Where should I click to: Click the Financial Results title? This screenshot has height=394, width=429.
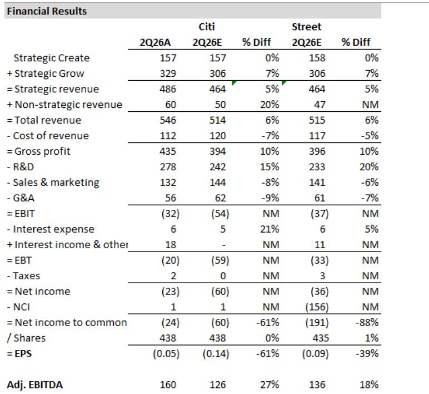[x=47, y=11]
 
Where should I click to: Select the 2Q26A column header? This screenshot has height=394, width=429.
[x=155, y=42]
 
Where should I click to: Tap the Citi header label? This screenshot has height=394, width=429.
[x=207, y=27]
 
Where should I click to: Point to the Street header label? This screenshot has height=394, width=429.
[x=306, y=27]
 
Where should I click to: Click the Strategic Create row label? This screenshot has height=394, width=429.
[x=52, y=58]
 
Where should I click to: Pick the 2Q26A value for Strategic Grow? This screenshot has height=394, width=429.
[x=168, y=73]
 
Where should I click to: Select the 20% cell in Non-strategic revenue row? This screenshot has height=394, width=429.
[x=270, y=105]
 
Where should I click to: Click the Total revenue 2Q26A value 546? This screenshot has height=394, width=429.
[x=168, y=120]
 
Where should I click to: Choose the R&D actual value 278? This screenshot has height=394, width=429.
[x=168, y=167]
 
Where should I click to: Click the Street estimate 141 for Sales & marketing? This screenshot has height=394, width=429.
[x=317, y=183]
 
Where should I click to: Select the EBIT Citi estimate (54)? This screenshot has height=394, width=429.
[x=220, y=214]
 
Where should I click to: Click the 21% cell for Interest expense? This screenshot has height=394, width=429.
[x=270, y=229]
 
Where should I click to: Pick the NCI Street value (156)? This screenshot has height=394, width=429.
[x=317, y=307]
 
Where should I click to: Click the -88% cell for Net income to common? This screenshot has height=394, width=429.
[x=367, y=323]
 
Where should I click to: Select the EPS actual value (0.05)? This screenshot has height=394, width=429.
[x=166, y=354]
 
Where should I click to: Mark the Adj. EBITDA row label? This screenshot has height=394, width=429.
[x=35, y=385]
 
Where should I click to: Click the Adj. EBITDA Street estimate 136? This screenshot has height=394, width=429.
[x=317, y=385]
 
